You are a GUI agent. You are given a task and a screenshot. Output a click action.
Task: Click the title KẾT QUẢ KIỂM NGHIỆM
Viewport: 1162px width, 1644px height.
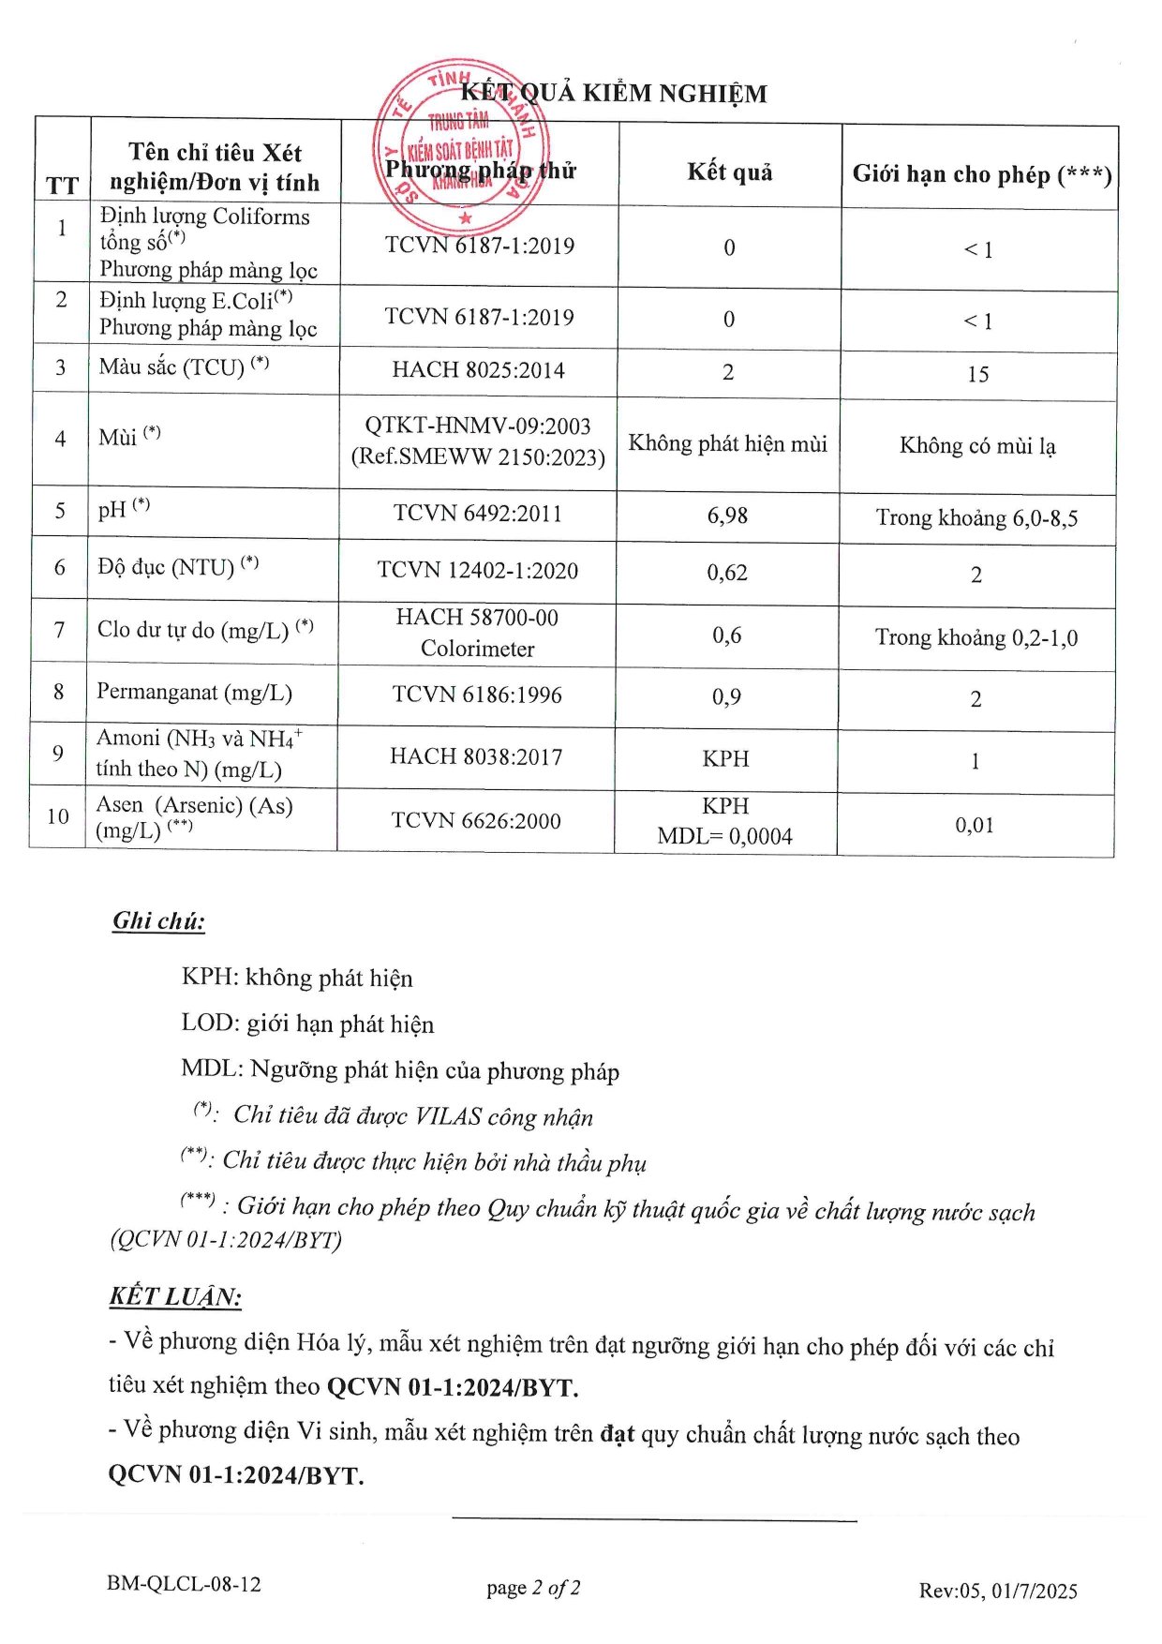614,93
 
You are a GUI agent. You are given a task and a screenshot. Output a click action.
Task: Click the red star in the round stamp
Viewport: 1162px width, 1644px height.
466,218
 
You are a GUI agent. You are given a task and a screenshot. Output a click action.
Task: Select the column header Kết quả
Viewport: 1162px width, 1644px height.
729,172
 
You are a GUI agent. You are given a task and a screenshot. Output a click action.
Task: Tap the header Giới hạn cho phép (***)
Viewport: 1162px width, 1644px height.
981,174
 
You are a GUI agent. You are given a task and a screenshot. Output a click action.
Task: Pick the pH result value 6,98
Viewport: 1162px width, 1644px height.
727,516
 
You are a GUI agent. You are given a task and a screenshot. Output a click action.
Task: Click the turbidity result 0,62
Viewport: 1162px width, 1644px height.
727,573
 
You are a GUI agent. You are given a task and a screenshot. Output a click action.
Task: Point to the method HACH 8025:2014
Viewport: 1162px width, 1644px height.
478,370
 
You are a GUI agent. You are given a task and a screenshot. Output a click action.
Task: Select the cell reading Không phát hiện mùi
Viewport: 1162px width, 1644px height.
727,443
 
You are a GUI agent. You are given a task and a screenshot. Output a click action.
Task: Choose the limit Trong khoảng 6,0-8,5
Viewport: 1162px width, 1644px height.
976,518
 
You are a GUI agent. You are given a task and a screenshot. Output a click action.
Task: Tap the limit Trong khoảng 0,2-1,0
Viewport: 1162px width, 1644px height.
976,638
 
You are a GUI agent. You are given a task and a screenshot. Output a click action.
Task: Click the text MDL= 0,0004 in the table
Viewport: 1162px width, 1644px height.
724,836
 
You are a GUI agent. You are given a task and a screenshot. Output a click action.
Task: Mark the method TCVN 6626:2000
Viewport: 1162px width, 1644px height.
476,821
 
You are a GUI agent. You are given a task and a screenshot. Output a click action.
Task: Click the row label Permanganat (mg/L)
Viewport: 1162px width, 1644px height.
194,693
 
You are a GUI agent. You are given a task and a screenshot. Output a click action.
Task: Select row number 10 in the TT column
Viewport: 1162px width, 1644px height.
58,816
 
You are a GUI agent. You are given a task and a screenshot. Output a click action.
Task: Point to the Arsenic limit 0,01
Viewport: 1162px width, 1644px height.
975,826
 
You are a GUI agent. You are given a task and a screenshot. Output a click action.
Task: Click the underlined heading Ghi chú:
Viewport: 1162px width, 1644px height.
158,921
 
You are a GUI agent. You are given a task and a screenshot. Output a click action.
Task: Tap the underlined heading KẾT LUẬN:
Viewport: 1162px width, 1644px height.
175,1296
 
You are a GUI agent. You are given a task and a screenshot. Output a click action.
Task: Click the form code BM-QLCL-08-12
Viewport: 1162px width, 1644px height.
184,1584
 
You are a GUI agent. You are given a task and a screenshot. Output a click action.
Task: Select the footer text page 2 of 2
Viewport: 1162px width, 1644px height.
533,1588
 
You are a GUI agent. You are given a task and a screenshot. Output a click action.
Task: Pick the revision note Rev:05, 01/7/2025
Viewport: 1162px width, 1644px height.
998,1591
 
